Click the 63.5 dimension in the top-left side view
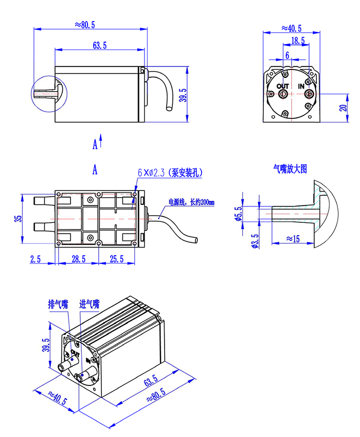(100, 46)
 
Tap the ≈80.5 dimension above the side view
(85, 24)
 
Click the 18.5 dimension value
(297, 41)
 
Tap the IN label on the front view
(301, 86)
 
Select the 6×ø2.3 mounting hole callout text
(170, 173)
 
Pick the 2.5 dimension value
(35, 259)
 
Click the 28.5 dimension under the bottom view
(79, 259)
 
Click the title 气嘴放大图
(290, 168)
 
